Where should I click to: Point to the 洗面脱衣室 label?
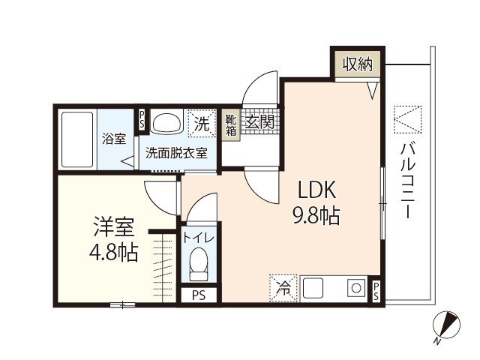pyautogui.click(x=176, y=151)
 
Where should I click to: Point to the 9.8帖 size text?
pyautogui.click(x=315, y=217)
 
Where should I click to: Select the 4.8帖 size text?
pyautogui.click(x=113, y=252)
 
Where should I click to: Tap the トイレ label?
pyautogui.click(x=199, y=238)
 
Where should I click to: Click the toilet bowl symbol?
pyautogui.click(x=199, y=264)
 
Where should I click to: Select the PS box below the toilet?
pyautogui.click(x=199, y=294)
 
